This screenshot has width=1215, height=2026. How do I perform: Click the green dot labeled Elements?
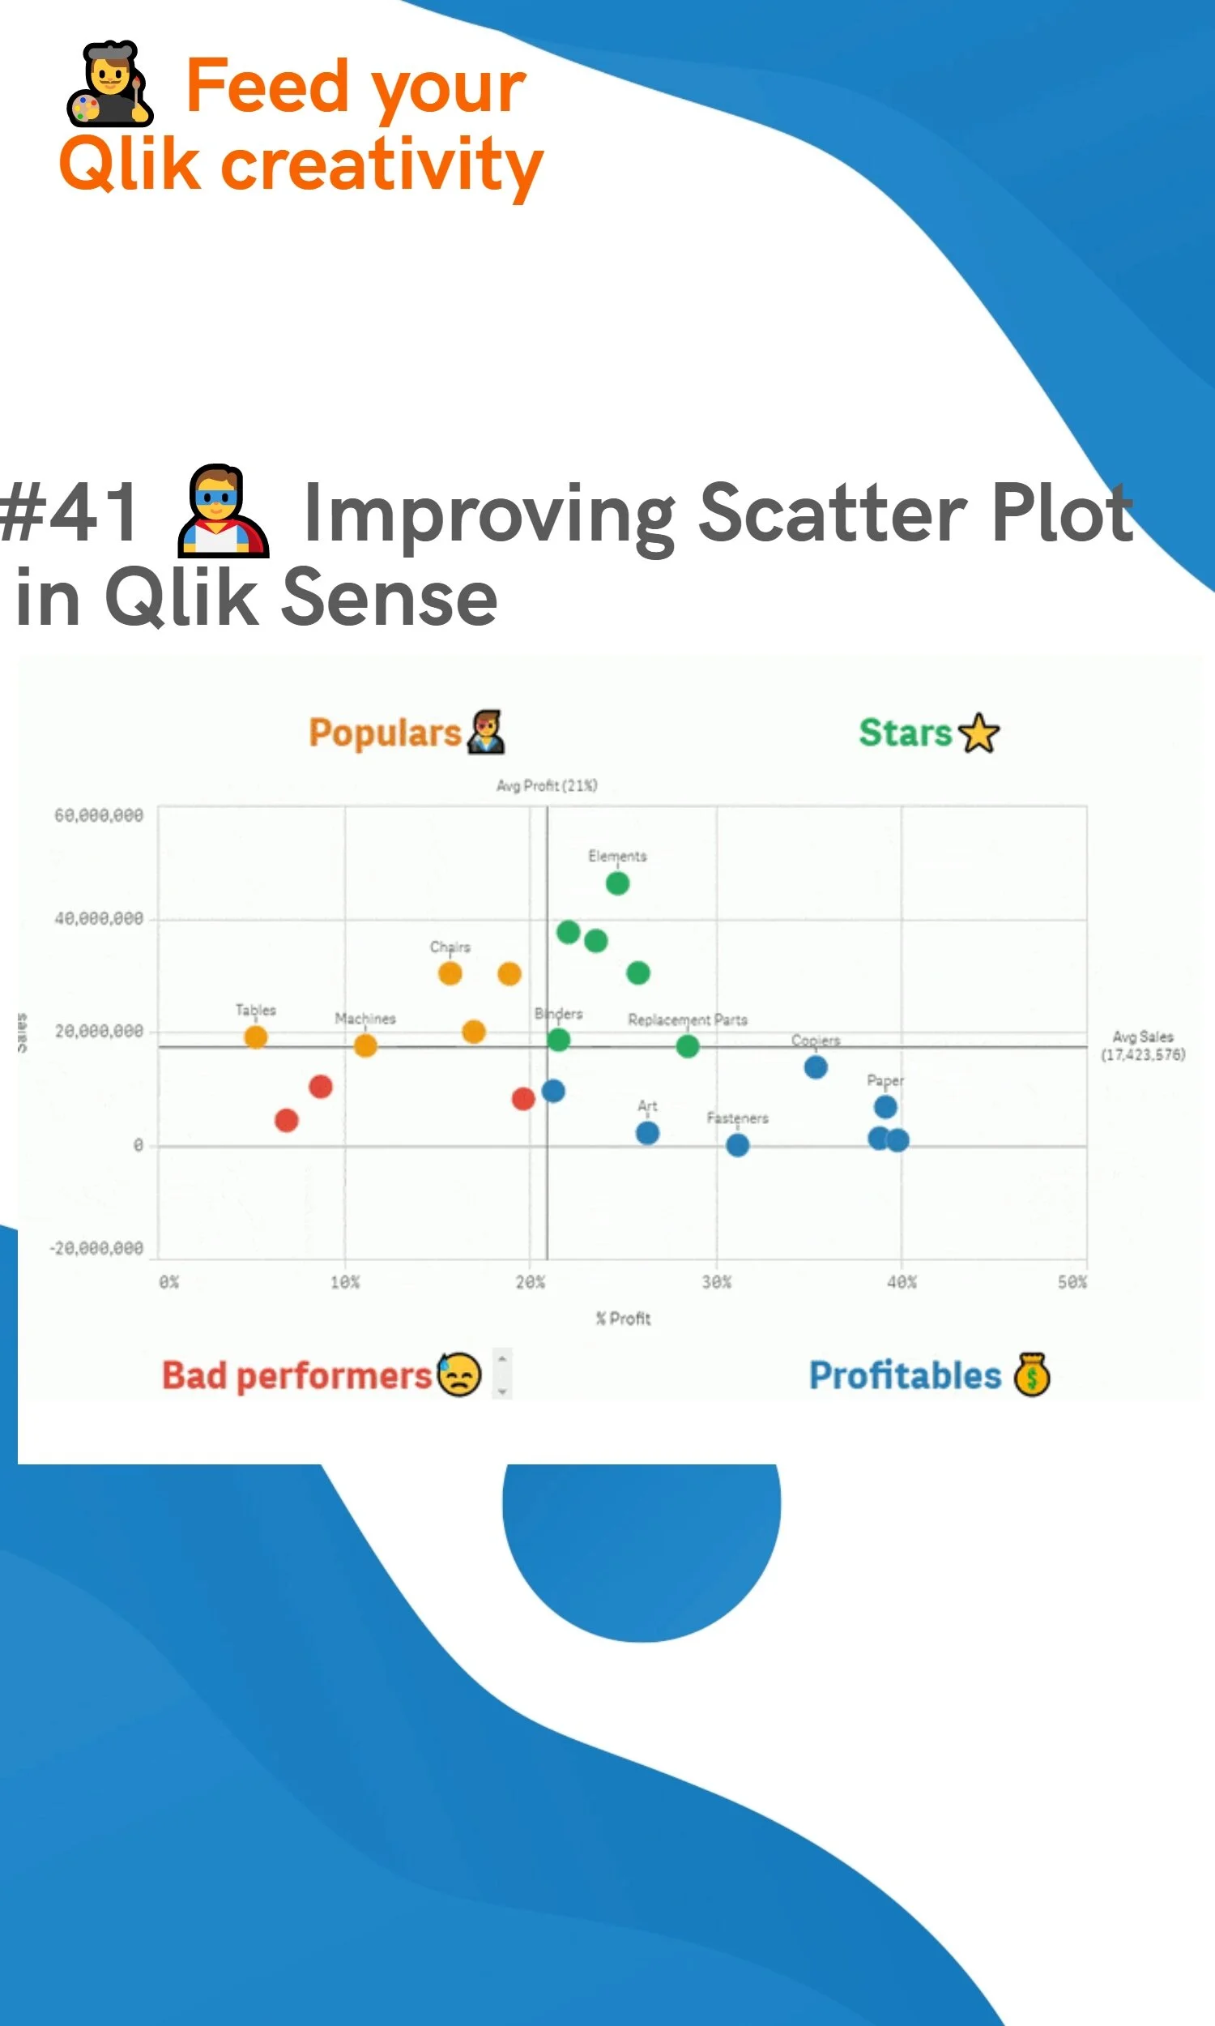point(617,883)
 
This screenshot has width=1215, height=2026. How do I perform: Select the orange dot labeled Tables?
point(255,1037)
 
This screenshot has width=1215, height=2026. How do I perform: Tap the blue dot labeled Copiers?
point(816,1067)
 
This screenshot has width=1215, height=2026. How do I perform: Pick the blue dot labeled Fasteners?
point(738,1145)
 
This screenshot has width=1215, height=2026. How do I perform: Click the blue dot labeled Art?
point(648,1133)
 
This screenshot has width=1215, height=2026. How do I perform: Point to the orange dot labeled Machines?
point(365,1045)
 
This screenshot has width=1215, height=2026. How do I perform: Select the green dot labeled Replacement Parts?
point(688,1045)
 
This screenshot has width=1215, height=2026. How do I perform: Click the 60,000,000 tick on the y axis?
point(99,815)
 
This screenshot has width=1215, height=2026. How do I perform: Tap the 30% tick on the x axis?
point(716,1282)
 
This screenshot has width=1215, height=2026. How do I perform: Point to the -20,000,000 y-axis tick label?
point(96,1248)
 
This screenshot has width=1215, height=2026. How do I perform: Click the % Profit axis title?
point(623,1319)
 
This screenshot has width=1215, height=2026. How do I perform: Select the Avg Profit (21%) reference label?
point(547,785)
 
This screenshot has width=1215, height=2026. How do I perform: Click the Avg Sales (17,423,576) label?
point(1143,1045)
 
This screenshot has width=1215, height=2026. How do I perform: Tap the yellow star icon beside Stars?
point(979,733)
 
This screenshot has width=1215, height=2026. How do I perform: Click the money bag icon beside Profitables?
point(1032,1374)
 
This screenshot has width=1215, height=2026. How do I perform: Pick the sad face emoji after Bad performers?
point(459,1374)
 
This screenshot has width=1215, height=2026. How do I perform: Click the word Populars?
point(385,733)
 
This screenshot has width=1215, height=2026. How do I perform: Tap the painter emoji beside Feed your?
point(109,83)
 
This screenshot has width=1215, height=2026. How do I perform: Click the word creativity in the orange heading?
point(382,165)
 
